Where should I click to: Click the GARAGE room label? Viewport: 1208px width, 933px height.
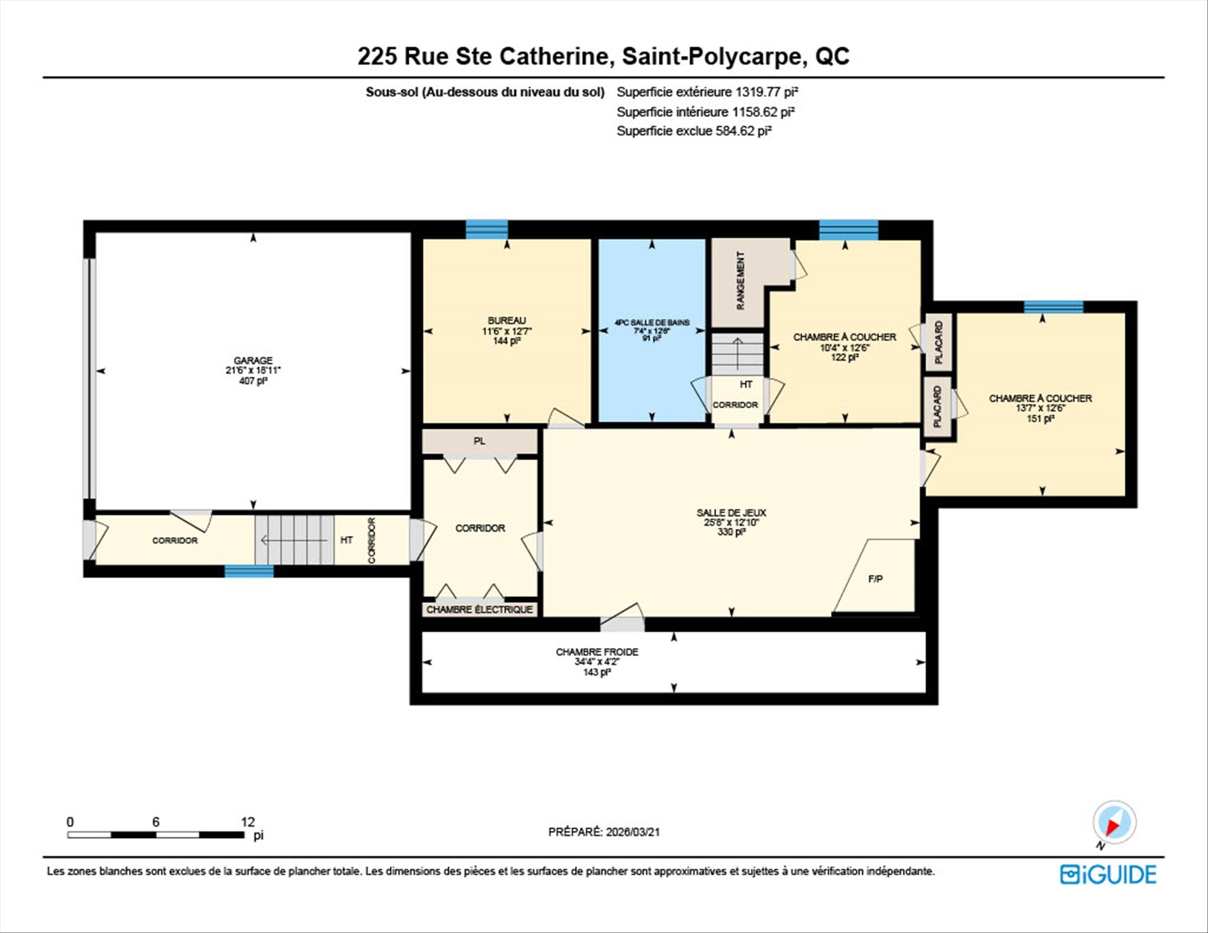(x=253, y=360)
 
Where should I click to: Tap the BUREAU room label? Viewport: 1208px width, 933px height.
(x=506, y=321)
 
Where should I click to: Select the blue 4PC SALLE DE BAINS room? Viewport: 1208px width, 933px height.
(x=652, y=330)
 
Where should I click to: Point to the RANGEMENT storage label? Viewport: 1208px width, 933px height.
(x=741, y=281)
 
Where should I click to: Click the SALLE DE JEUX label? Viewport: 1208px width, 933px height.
(x=731, y=513)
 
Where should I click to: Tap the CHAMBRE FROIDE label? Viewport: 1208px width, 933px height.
(x=597, y=652)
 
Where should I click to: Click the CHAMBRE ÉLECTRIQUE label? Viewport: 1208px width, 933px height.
(x=479, y=609)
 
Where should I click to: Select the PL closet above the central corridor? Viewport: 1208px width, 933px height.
(x=479, y=441)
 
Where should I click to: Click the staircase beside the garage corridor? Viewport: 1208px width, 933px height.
(x=294, y=540)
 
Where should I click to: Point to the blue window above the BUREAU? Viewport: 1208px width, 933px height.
(x=486, y=229)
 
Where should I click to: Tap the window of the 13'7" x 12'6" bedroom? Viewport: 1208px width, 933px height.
(x=1053, y=307)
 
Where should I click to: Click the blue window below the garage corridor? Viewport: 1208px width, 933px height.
(x=249, y=571)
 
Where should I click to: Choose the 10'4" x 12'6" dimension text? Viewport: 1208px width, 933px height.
(x=844, y=347)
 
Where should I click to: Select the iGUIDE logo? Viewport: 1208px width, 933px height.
(x=1108, y=874)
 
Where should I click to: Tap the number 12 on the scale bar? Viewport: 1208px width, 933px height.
(x=248, y=822)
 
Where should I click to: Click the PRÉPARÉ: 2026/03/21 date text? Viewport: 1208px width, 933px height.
(x=604, y=832)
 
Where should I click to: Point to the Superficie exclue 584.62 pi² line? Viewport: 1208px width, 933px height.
(x=694, y=131)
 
